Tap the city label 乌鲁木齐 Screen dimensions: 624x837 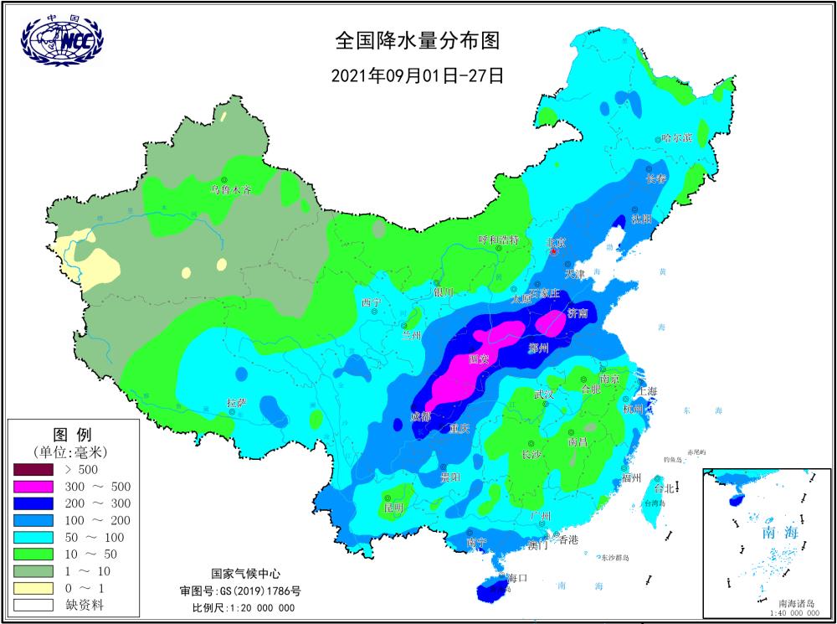(x=231, y=190)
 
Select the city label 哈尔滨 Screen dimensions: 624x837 (x=676, y=137)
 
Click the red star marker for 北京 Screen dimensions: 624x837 (x=553, y=251)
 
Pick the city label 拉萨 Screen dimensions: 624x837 (x=236, y=403)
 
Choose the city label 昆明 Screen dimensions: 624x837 (x=393, y=508)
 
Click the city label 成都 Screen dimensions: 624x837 (x=421, y=415)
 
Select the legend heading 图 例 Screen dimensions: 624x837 (x=72, y=435)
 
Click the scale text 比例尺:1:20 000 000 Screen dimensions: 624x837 (x=243, y=607)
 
